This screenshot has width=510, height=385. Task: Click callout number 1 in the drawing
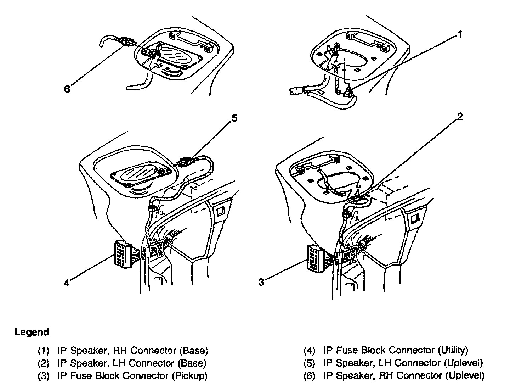(460, 34)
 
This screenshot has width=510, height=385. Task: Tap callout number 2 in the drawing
(460, 117)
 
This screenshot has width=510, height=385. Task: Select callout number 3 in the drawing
(261, 282)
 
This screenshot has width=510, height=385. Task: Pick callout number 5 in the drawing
(234, 118)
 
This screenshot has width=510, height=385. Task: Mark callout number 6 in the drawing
(67, 89)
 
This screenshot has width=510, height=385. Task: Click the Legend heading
(32, 333)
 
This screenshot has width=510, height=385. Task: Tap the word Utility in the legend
(453, 350)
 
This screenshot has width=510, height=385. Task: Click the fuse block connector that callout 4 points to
(120, 253)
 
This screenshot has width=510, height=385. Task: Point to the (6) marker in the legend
(309, 375)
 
